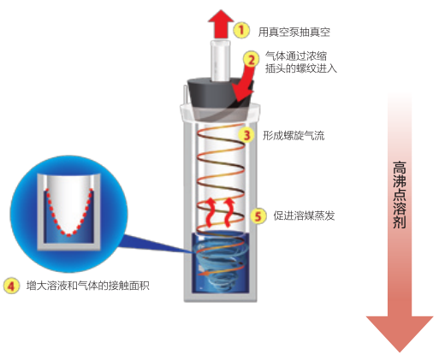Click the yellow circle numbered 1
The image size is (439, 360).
coord(241,30)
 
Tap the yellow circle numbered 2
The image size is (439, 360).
coord(251,60)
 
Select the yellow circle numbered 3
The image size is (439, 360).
coord(246,135)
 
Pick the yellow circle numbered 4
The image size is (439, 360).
coord(11,286)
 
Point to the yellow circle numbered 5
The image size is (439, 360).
coord(258,215)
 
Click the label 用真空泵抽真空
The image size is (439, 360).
coord(294,32)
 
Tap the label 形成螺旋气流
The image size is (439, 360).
coord(294,135)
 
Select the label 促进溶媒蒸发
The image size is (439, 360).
coord(304,215)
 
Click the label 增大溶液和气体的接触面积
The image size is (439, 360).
coord(88,286)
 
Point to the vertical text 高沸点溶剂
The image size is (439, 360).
coord(400,195)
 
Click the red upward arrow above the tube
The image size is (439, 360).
coord(221,24)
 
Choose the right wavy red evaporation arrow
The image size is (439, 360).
coord(229,213)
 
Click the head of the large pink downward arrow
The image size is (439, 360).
coord(400,331)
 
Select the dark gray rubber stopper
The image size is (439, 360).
coord(220,97)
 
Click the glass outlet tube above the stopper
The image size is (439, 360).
coord(220,61)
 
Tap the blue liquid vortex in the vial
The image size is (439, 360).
coord(220,261)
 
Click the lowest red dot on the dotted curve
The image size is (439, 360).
coord(68,235)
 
